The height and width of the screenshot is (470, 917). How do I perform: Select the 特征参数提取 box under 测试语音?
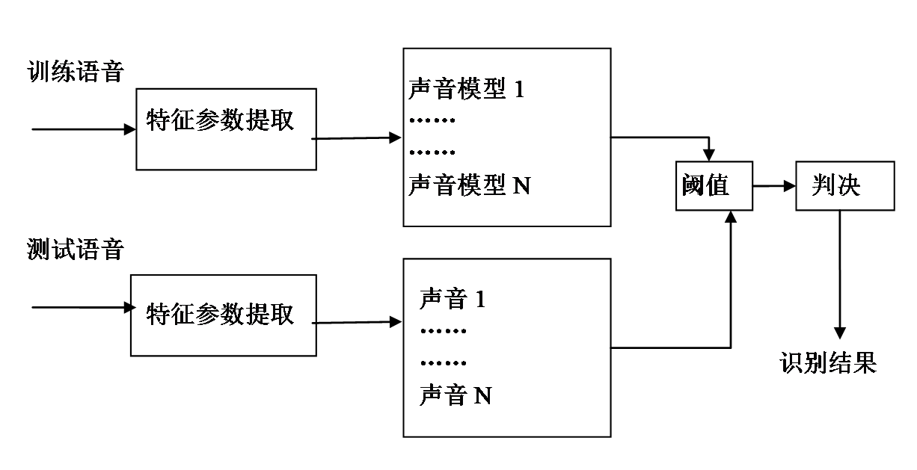(x=223, y=315)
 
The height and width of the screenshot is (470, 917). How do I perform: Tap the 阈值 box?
(x=714, y=185)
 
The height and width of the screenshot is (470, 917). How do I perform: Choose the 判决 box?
(x=844, y=185)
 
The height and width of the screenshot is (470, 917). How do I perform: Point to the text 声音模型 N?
(x=469, y=185)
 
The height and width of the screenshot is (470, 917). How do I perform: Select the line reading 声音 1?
(x=453, y=300)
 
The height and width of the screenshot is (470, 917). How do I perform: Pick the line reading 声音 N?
(x=456, y=395)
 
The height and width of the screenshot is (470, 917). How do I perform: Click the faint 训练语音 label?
(x=75, y=72)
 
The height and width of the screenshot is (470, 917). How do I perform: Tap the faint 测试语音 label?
(x=75, y=250)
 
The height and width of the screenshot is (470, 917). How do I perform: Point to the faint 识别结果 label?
(x=827, y=363)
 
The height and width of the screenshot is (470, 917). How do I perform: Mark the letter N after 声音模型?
(x=521, y=185)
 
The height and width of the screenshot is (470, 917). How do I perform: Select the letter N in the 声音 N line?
(x=483, y=396)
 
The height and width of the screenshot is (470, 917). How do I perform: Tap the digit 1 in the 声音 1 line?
(x=480, y=300)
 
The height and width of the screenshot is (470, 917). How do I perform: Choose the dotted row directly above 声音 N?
(x=444, y=364)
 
